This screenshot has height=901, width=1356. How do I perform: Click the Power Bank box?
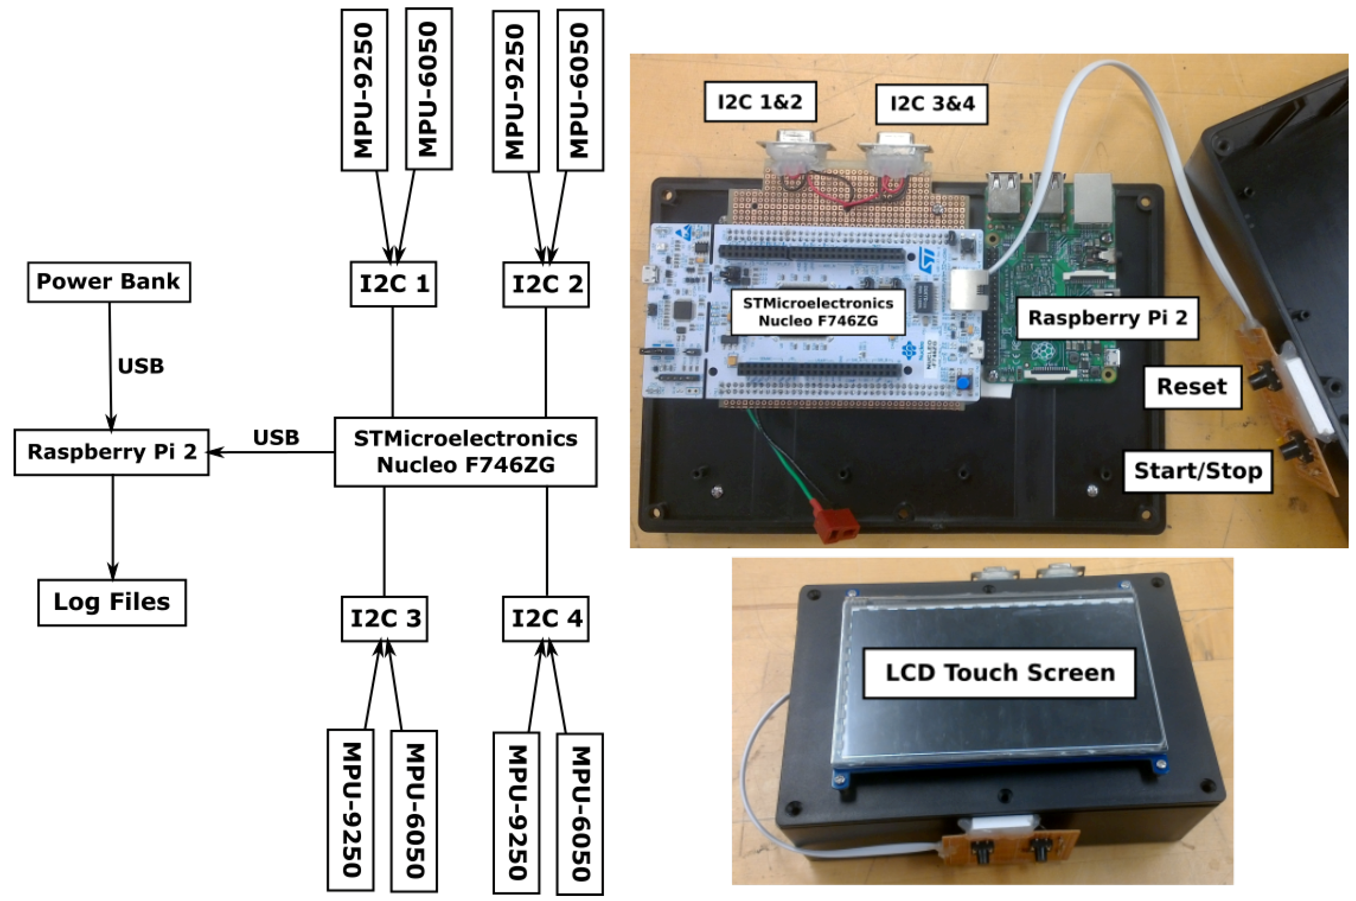[x=108, y=282]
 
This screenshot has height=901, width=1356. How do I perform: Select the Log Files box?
[x=112, y=602]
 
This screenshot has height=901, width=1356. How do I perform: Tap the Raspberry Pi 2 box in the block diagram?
[x=111, y=452]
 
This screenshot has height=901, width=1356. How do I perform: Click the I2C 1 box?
[x=393, y=284]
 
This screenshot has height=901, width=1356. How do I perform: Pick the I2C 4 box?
[x=546, y=619]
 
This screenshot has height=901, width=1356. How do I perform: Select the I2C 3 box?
[x=384, y=619]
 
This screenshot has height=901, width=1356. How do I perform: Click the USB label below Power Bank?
[x=141, y=366]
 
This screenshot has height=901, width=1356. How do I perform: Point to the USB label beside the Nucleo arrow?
[x=276, y=438]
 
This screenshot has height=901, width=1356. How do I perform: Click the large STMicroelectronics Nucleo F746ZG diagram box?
[x=465, y=452]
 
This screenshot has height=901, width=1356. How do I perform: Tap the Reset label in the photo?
[x=1192, y=387]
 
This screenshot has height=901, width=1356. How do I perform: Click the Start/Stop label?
[x=1197, y=471]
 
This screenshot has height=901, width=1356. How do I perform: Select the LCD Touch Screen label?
[x=999, y=673]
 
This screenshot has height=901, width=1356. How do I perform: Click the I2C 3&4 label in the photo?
[x=932, y=104]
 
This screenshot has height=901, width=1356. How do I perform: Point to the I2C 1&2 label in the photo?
[x=760, y=102]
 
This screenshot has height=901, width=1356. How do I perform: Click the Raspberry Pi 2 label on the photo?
[x=1107, y=318]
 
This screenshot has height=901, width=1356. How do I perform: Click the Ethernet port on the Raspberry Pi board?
[x=1093, y=198]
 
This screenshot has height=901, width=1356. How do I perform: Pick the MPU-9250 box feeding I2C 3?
[x=351, y=810]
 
